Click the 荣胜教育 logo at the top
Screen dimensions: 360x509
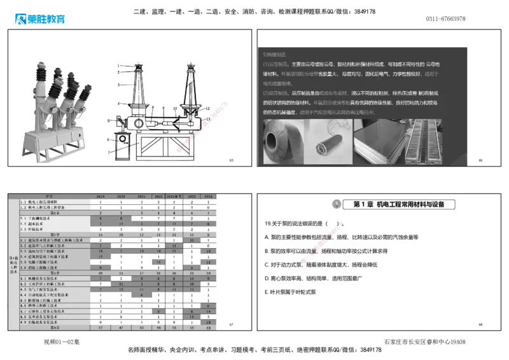pos(39,18)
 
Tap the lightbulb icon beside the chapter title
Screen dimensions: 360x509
pos(335,204)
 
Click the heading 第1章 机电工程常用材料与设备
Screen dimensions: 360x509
pos(400,204)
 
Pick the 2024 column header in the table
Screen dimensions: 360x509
pos(207,197)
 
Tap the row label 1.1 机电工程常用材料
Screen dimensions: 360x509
pos(43,202)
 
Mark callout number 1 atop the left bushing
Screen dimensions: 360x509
pos(118,66)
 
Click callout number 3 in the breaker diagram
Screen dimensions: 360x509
pos(118,83)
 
